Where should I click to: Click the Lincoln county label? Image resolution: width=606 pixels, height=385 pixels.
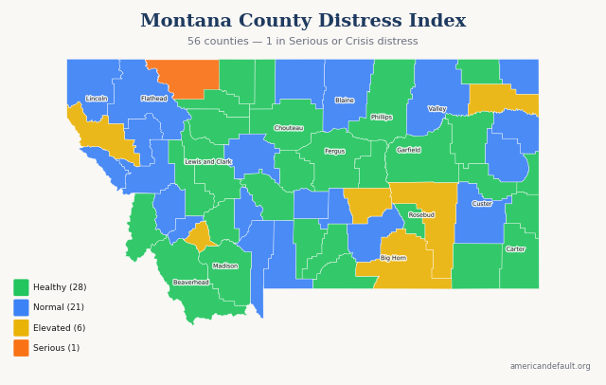click(x=97, y=99)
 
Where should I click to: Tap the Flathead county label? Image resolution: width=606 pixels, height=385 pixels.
click(x=154, y=99)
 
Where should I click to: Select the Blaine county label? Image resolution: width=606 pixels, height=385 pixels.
click(x=345, y=101)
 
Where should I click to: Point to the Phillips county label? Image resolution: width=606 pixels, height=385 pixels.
click(x=382, y=118)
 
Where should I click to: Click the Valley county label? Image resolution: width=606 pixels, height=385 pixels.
click(x=437, y=109)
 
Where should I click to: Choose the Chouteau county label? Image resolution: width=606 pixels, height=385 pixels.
click(x=289, y=128)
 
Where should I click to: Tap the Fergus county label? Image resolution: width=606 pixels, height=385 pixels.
click(x=335, y=151)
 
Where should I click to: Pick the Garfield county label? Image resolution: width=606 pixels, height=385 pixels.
click(x=409, y=150)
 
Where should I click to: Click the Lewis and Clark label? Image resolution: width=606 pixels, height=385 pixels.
click(x=208, y=162)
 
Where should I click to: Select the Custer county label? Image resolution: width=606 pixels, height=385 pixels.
click(x=482, y=204)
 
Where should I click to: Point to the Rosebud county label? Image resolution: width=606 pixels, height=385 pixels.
click(x=421, y=215)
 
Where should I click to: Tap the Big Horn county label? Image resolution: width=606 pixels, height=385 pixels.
click(x=393, y=258)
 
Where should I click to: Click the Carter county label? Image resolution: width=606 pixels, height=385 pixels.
click(x=515, y=249)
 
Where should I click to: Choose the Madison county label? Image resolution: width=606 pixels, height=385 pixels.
click(x=225, y=266)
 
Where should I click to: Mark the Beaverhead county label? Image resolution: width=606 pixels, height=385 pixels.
click(x=191, y=283)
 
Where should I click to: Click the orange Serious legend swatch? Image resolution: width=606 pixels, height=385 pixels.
click(x=21, y=348)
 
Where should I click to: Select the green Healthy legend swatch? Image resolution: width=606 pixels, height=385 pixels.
click(x=21, y=287)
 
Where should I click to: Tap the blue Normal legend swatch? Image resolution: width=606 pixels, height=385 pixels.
click(x=21, y=307)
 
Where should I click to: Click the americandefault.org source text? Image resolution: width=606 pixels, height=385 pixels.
click(x=550, y=366)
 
